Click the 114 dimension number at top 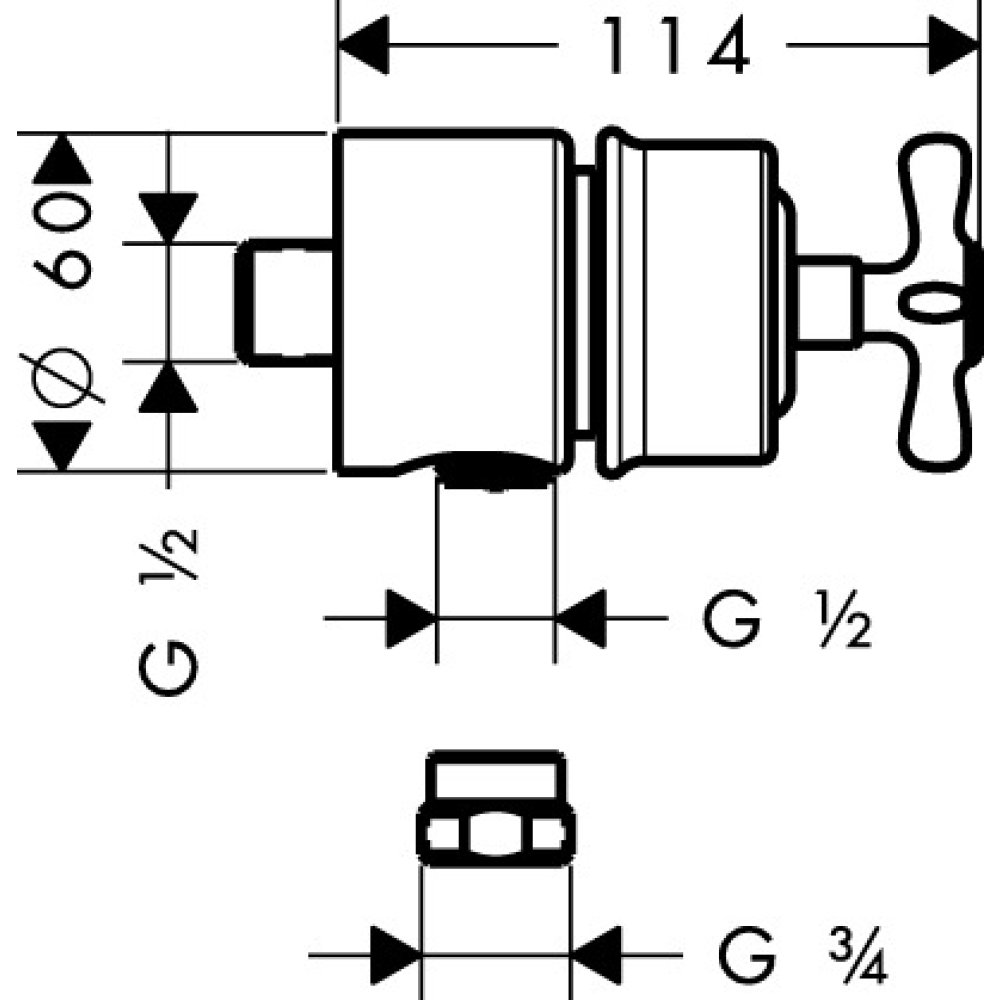coord(672,47)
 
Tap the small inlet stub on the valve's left coord(284,301)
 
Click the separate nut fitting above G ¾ coord(496,810)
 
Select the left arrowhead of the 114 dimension coord(364,45)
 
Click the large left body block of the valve coord(450,300)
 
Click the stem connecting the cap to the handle coord(830,300)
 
